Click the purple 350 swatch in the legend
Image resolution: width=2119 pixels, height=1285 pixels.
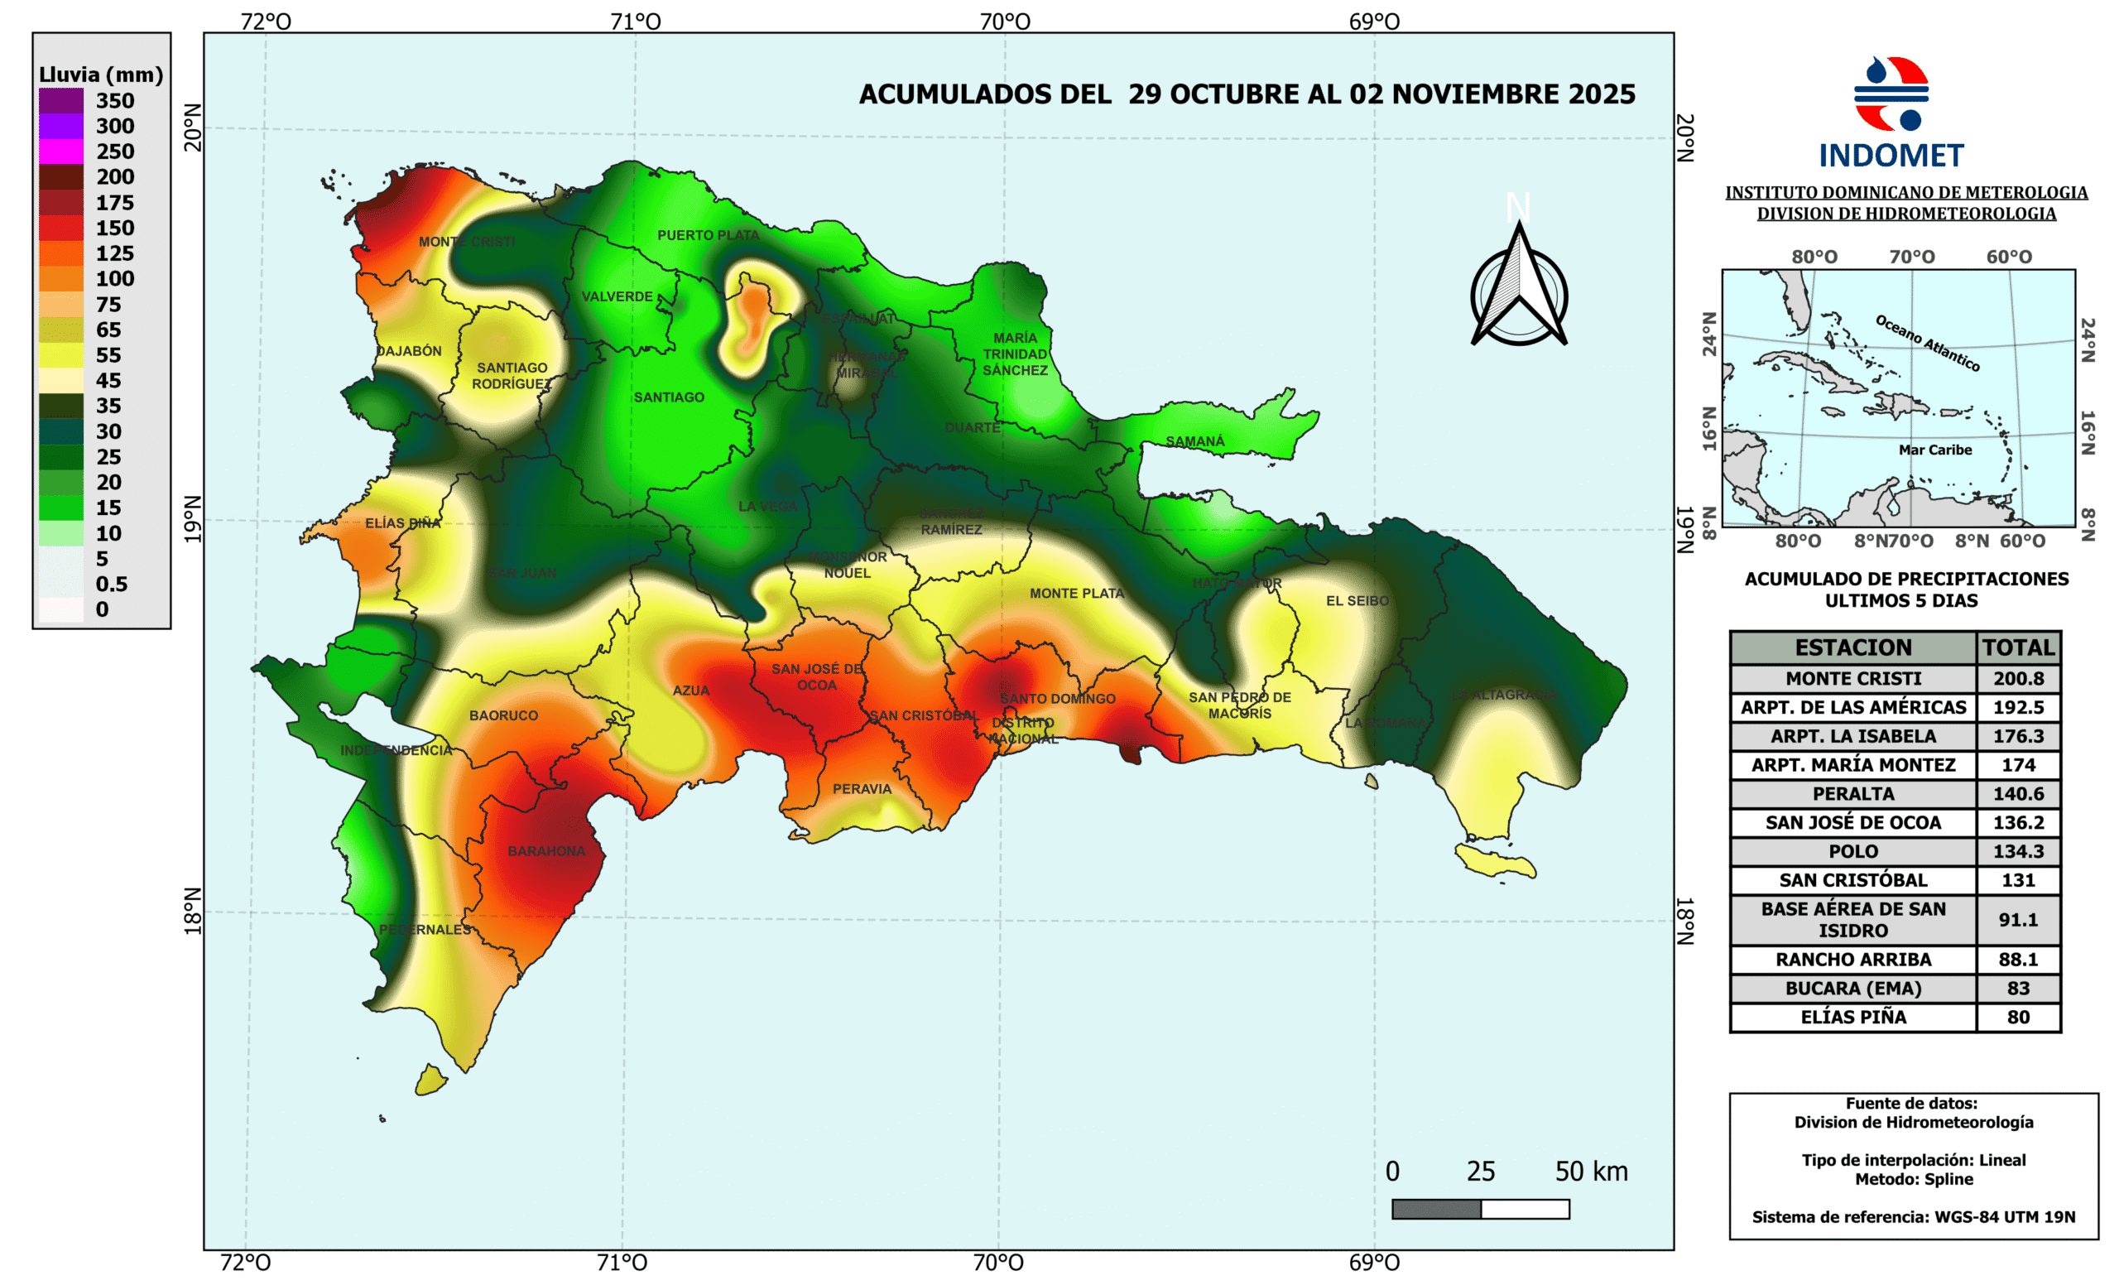click(x=61, y=101)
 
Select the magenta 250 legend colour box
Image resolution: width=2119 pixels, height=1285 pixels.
click(x=61, y=152)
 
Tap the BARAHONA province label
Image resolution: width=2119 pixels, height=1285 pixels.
click(x=546, y=850)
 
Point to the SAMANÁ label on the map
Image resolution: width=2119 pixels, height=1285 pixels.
click(x=1194, y=441)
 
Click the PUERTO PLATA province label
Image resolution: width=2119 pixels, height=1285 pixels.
click(x=709, y=235)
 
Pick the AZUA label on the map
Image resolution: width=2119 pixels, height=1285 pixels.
click(x=690, y=691)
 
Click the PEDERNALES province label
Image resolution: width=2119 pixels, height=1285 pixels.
click(x=425, y=929)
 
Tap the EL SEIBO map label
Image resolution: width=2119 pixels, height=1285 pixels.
click(x=1357, y=600)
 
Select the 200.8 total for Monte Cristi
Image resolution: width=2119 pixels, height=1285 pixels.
click(x=2017, y=679)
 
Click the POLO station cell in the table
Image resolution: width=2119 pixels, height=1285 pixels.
click(x=1852, y=851)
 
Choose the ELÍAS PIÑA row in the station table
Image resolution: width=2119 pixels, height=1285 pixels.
click(x=1852, y=1017)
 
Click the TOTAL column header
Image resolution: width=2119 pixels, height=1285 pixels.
click(x=2017, y=647)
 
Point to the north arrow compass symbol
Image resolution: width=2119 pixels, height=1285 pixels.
click(x=1519, y=288)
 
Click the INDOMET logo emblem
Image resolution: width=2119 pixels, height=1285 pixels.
click(x=1891, y=94)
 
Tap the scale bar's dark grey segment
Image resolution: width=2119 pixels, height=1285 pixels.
click(x=1436, y=1209)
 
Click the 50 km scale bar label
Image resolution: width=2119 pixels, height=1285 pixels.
click(x=1591, y=1172)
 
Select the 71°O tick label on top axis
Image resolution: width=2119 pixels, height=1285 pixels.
click(x=636, y=22)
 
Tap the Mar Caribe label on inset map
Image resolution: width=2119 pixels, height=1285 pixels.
click(x=1935, y=450)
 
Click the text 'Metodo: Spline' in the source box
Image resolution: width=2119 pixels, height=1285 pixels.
click(x=1914, y=1179)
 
